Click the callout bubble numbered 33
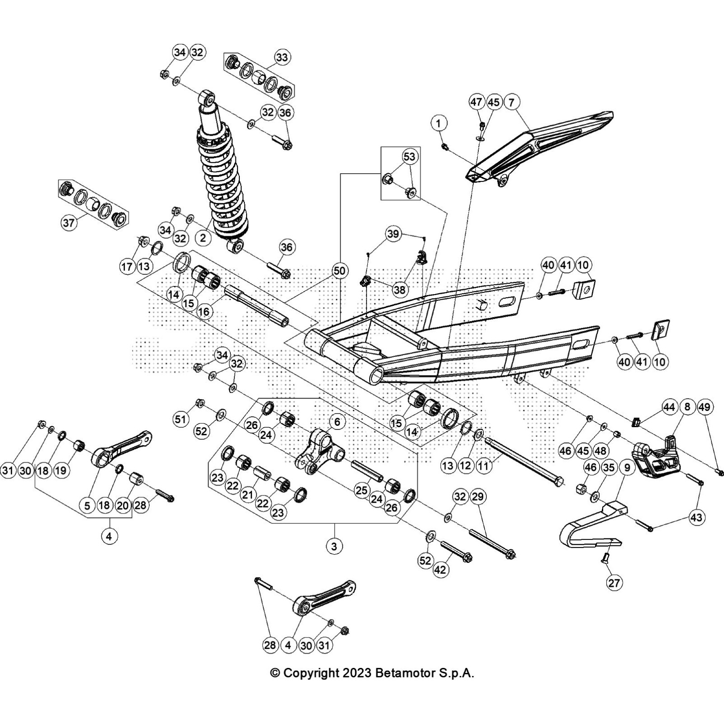[281, 57]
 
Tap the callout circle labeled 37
[68, 223]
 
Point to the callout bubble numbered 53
[409, 157]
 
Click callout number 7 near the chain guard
[511, 102]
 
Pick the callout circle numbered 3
[334, 546]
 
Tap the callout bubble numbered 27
[614, 583]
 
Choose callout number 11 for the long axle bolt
[484, 466]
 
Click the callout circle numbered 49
[705, 407]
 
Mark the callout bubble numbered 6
[337, 422]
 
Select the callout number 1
[438, 123]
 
